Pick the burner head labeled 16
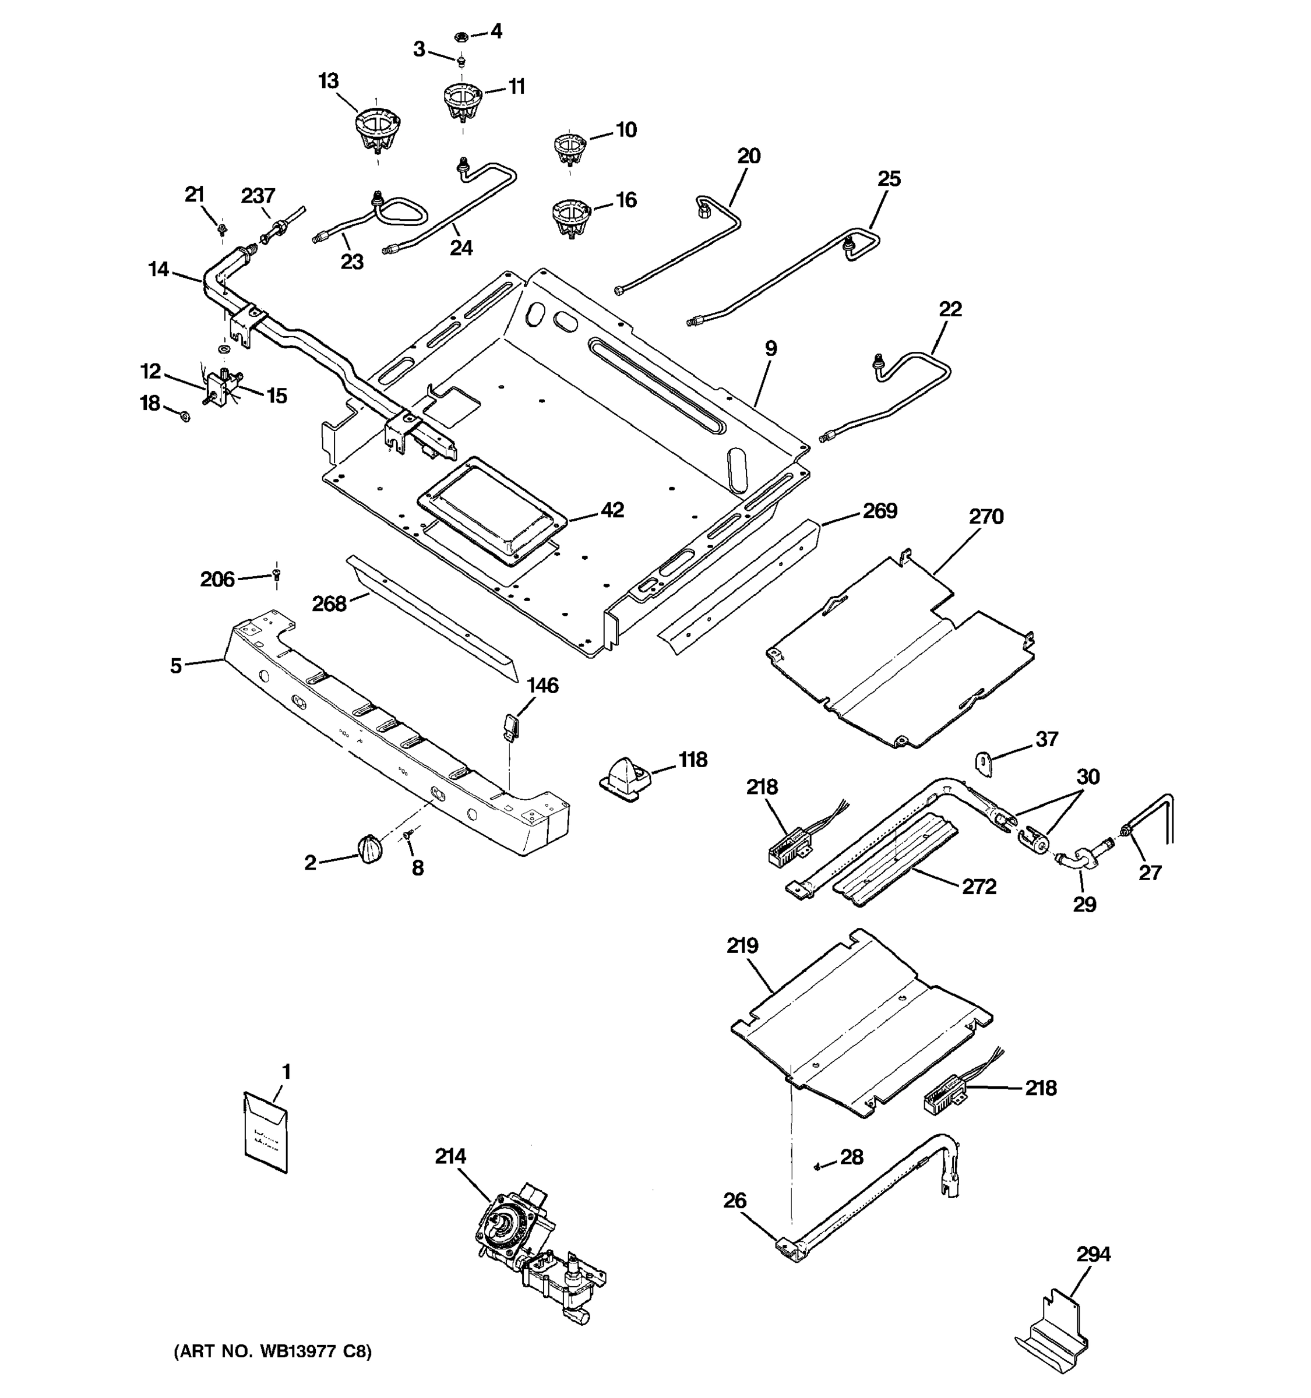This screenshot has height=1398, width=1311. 570,217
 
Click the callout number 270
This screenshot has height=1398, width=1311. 986,517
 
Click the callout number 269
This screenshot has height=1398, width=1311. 880,510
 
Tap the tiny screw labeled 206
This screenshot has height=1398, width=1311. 276,576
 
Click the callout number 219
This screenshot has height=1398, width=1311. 743,945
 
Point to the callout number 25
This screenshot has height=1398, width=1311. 889,179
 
